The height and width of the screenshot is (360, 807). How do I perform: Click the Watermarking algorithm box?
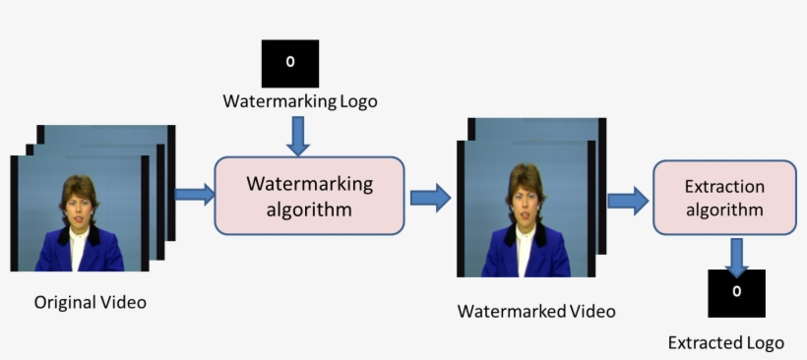click(309, 195)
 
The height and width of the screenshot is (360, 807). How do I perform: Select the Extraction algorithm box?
click(724, 198)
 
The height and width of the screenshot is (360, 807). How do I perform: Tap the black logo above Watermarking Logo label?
click(289, 63)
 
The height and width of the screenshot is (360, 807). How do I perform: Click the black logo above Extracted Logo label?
click(736, 292)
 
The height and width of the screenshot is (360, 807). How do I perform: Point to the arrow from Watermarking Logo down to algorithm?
click(296, 136)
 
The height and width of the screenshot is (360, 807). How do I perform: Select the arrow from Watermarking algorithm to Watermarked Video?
click(429, 197)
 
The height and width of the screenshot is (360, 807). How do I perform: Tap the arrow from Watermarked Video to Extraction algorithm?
click(627, 201)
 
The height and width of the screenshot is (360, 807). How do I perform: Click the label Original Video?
click(90, 302)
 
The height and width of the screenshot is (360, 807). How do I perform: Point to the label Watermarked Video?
click(536, 311)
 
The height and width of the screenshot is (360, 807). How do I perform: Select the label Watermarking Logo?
click(300, 101)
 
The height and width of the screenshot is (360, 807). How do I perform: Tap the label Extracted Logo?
click(726, 342)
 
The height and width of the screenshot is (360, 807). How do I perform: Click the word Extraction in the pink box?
click(724, 186)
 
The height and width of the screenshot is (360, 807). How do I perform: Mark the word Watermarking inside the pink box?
click(310, 183)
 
